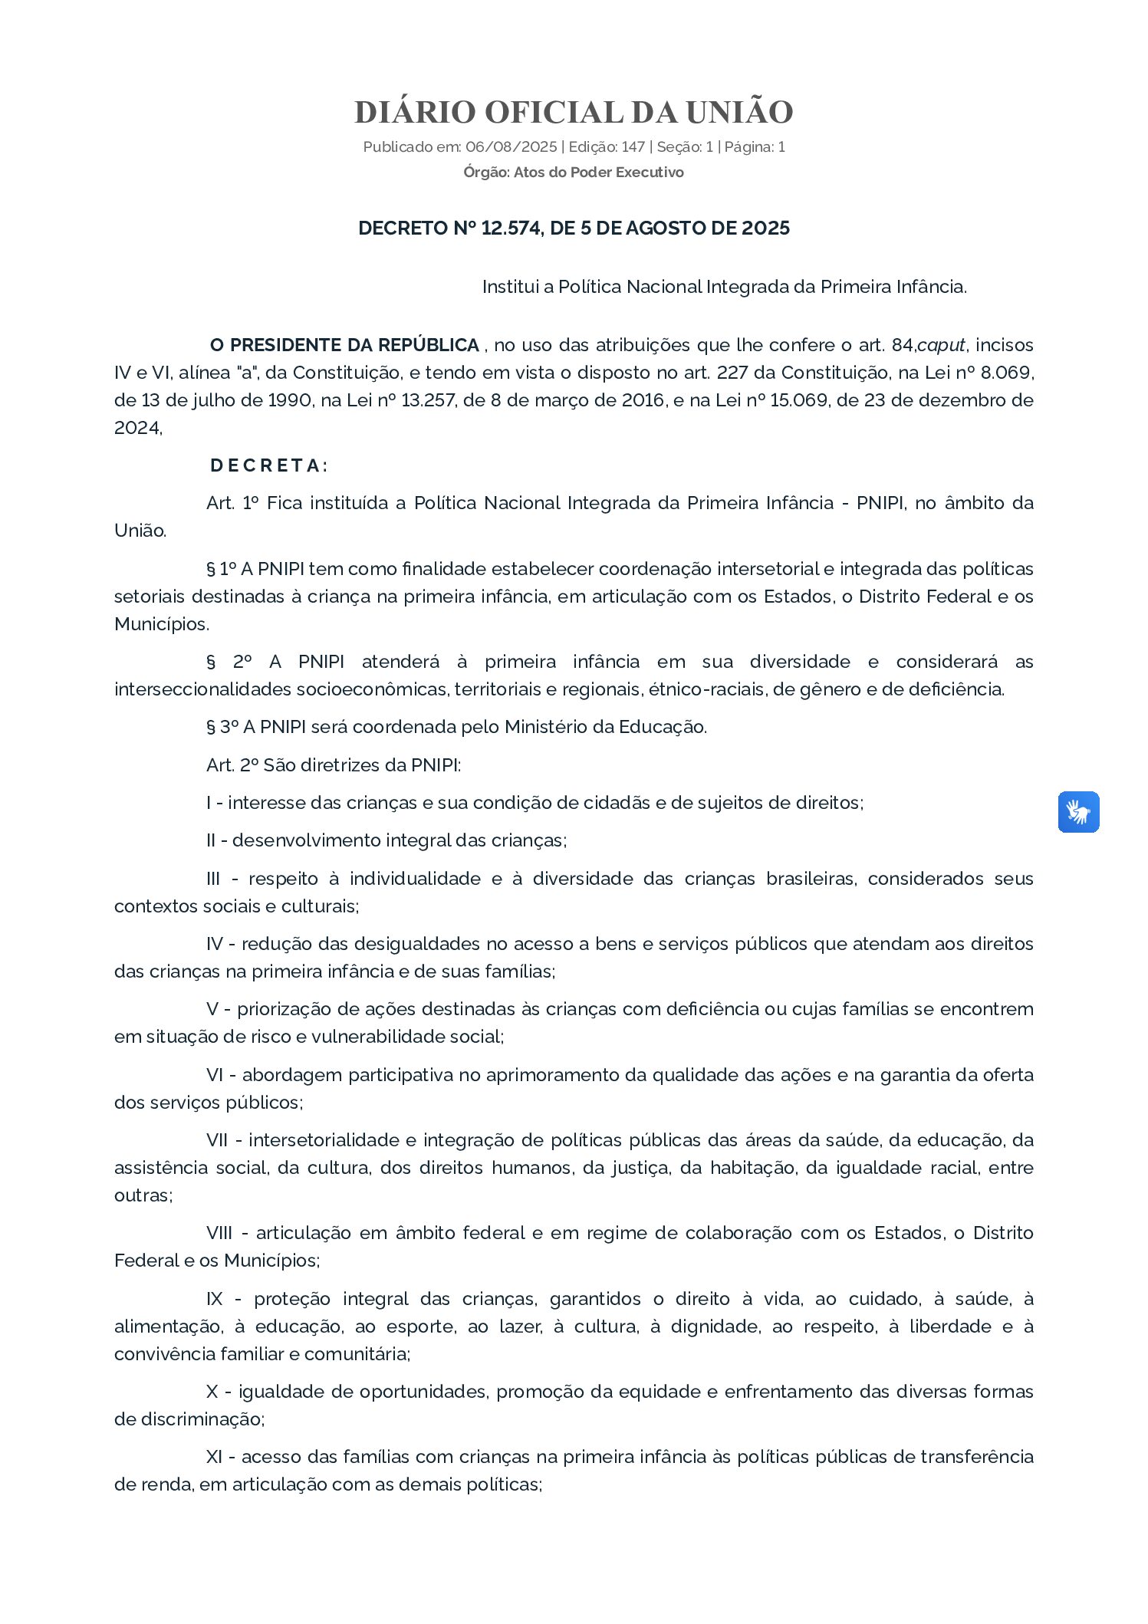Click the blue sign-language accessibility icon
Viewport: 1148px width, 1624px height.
coord(1078,812)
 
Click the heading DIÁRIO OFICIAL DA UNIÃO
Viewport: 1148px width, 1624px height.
coord(574,112)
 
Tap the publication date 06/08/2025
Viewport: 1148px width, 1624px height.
coord(511,147)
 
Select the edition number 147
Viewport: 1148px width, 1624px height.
coord(633,147)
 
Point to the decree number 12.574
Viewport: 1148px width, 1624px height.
coord(510,228)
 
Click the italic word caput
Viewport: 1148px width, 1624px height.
coord(940,345)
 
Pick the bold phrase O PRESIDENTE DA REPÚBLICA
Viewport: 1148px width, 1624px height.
coord(344,345)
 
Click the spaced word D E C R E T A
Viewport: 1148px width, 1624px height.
coord(268,465)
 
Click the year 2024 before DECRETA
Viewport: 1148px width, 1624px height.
coord(137,428)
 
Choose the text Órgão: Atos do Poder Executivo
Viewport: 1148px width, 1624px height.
coord(573,173)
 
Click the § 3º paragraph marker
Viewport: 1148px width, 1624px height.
coord(221,727)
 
